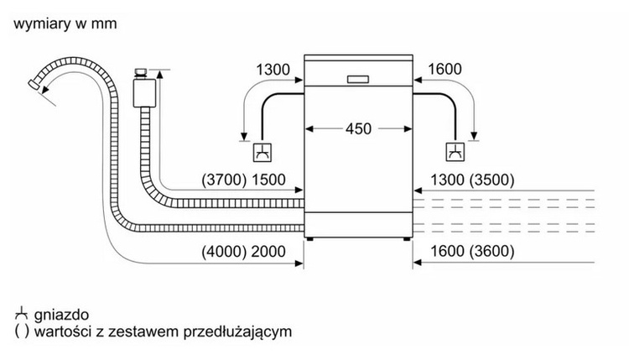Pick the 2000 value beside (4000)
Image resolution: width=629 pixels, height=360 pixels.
coord(268,252)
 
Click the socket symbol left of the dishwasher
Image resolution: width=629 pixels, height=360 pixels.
coord(263,153)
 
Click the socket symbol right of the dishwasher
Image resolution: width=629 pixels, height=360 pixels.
coord(454,153)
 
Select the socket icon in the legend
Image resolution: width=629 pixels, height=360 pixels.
coord(20,312)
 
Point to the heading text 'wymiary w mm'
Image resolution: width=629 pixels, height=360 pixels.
coord(65,23)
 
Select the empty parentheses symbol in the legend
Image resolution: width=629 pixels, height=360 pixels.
coord(20,331)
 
